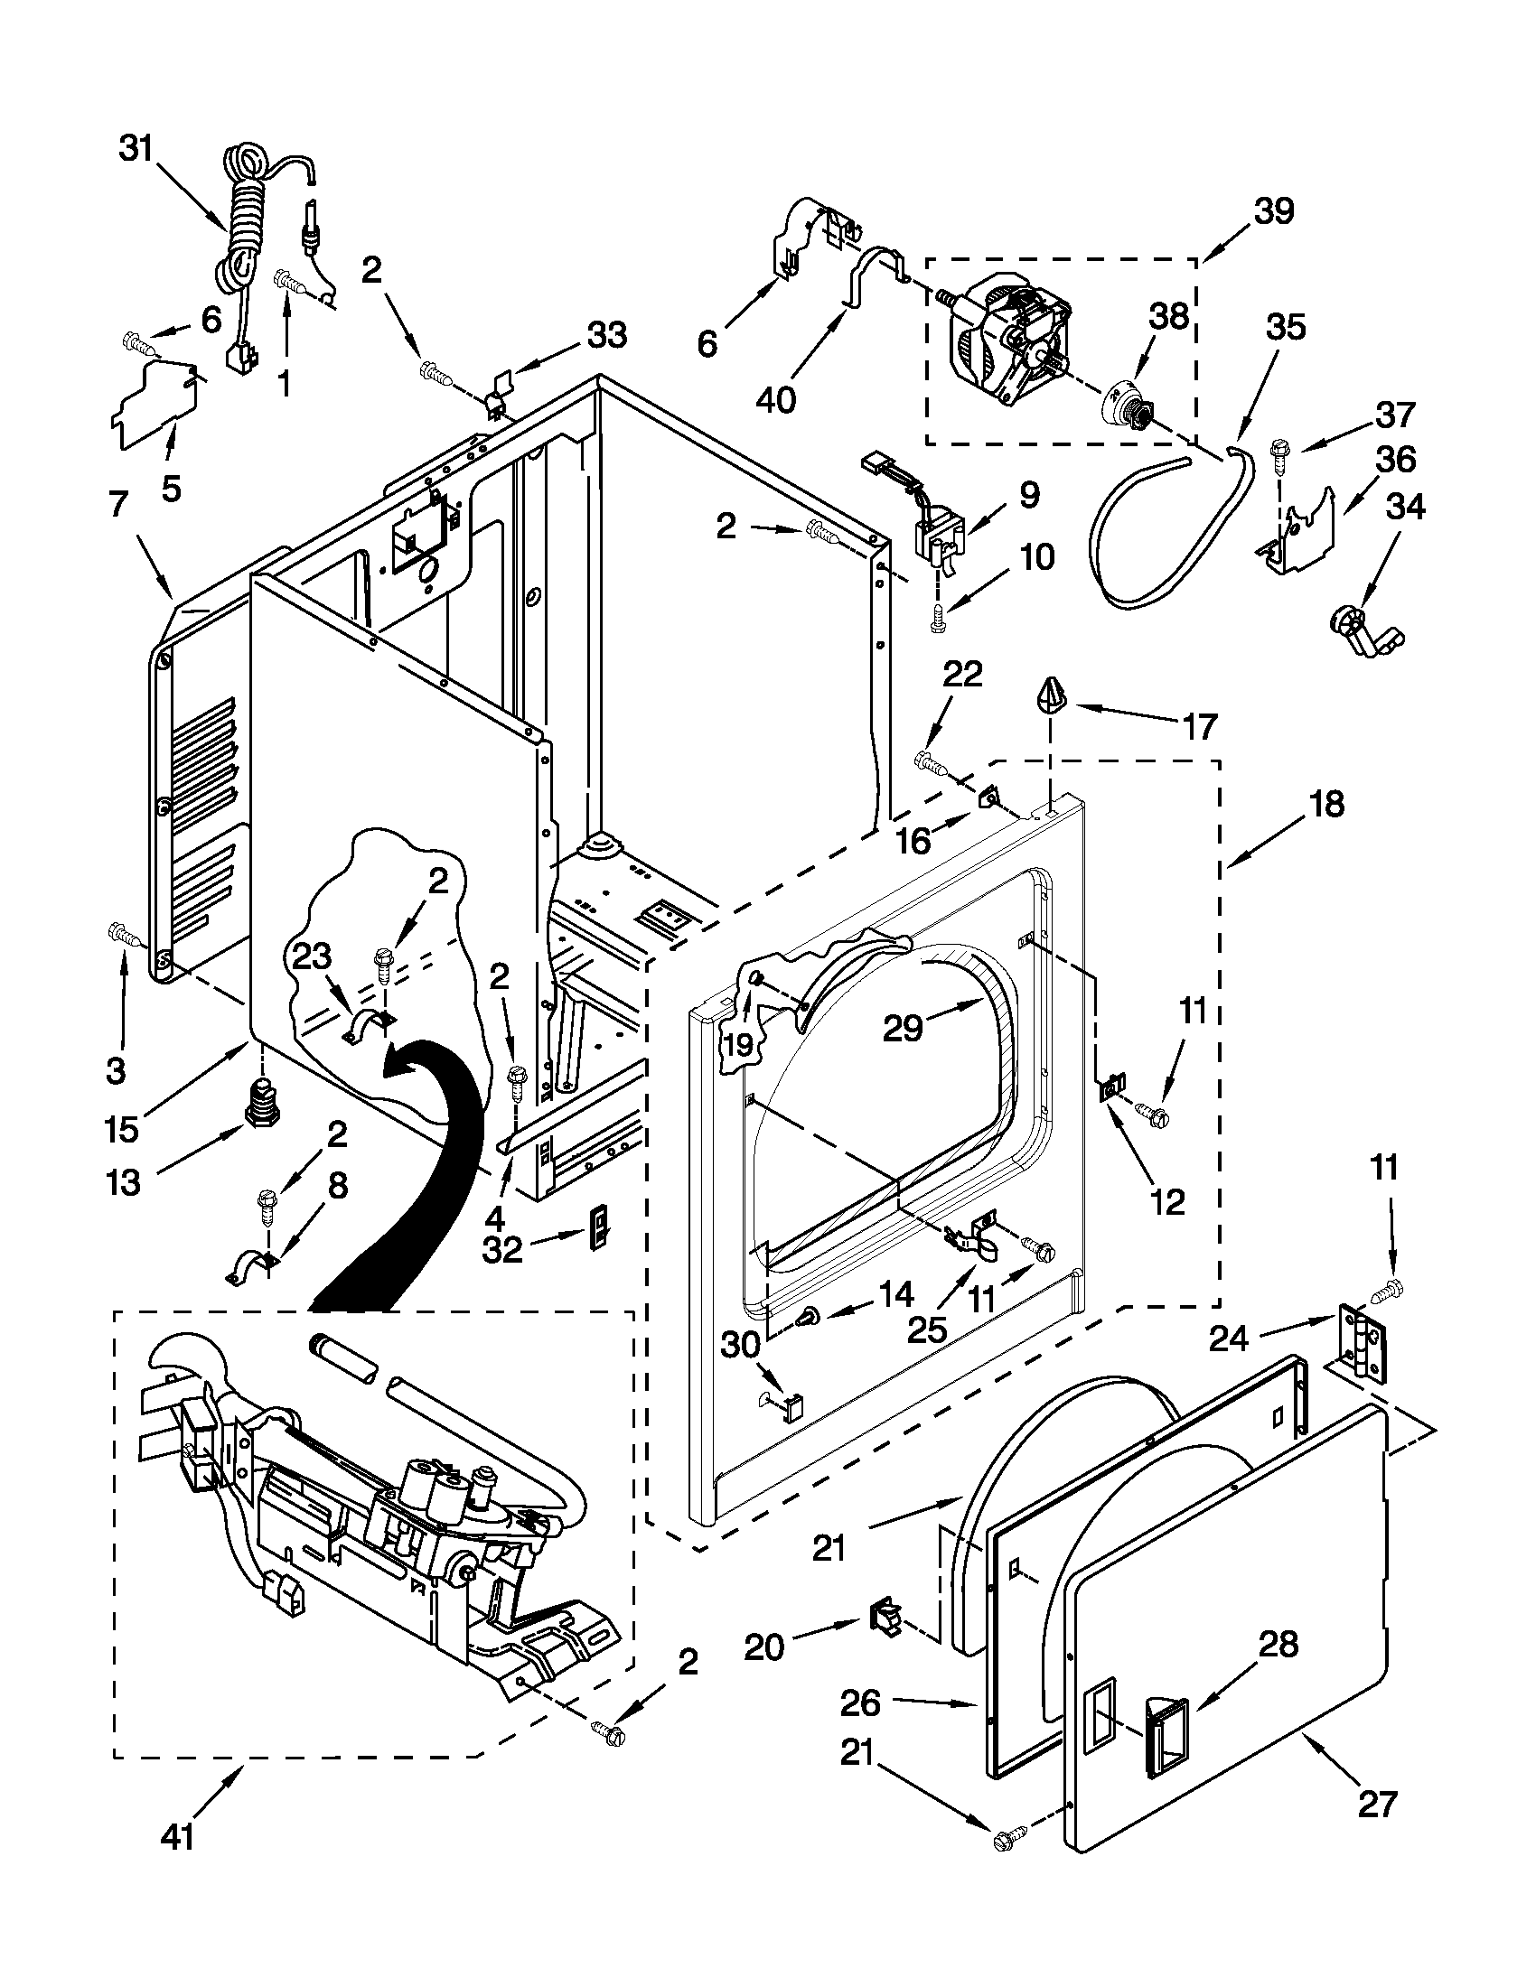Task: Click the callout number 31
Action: click(136, 149)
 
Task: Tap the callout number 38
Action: click(1167, 318)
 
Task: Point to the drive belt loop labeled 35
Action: click(1174, 536)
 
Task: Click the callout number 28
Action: click(1278, 1644)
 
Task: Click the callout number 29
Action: click(904, 1027)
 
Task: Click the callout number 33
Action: click(607, 335)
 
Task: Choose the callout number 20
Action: click(764, 1646)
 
